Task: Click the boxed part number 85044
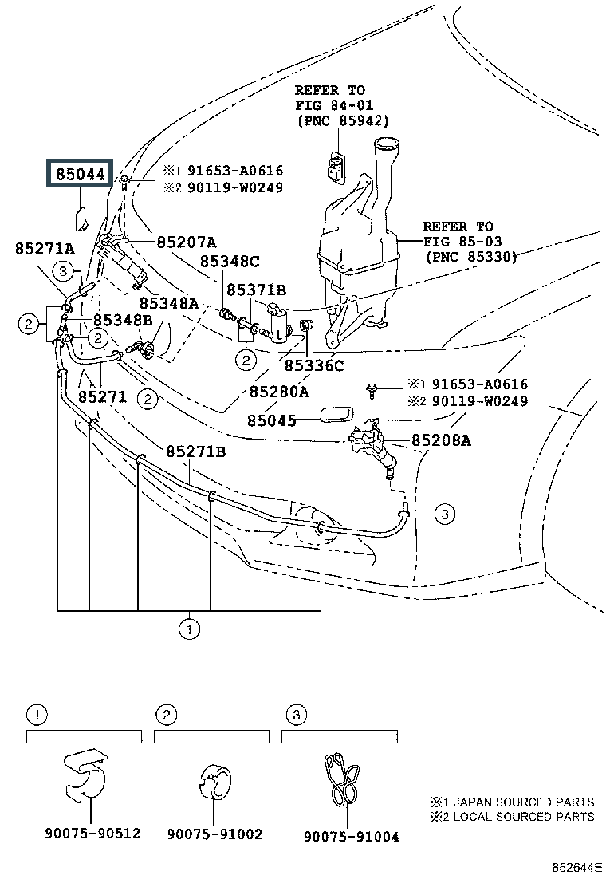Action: point(80,173)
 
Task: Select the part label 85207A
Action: point(187,242)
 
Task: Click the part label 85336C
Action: point(314,365)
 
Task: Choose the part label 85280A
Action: point(278,392)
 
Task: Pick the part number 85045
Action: point(271,420)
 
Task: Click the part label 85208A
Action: point(441,440)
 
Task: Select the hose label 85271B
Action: point(196,452)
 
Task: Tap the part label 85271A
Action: point(44,249)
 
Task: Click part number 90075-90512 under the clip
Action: point(93,834)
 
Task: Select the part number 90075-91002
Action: point(215,834)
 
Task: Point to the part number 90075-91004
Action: point(351,836)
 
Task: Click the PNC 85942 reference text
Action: point(342,120)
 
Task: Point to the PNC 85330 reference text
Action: point(470,257)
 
